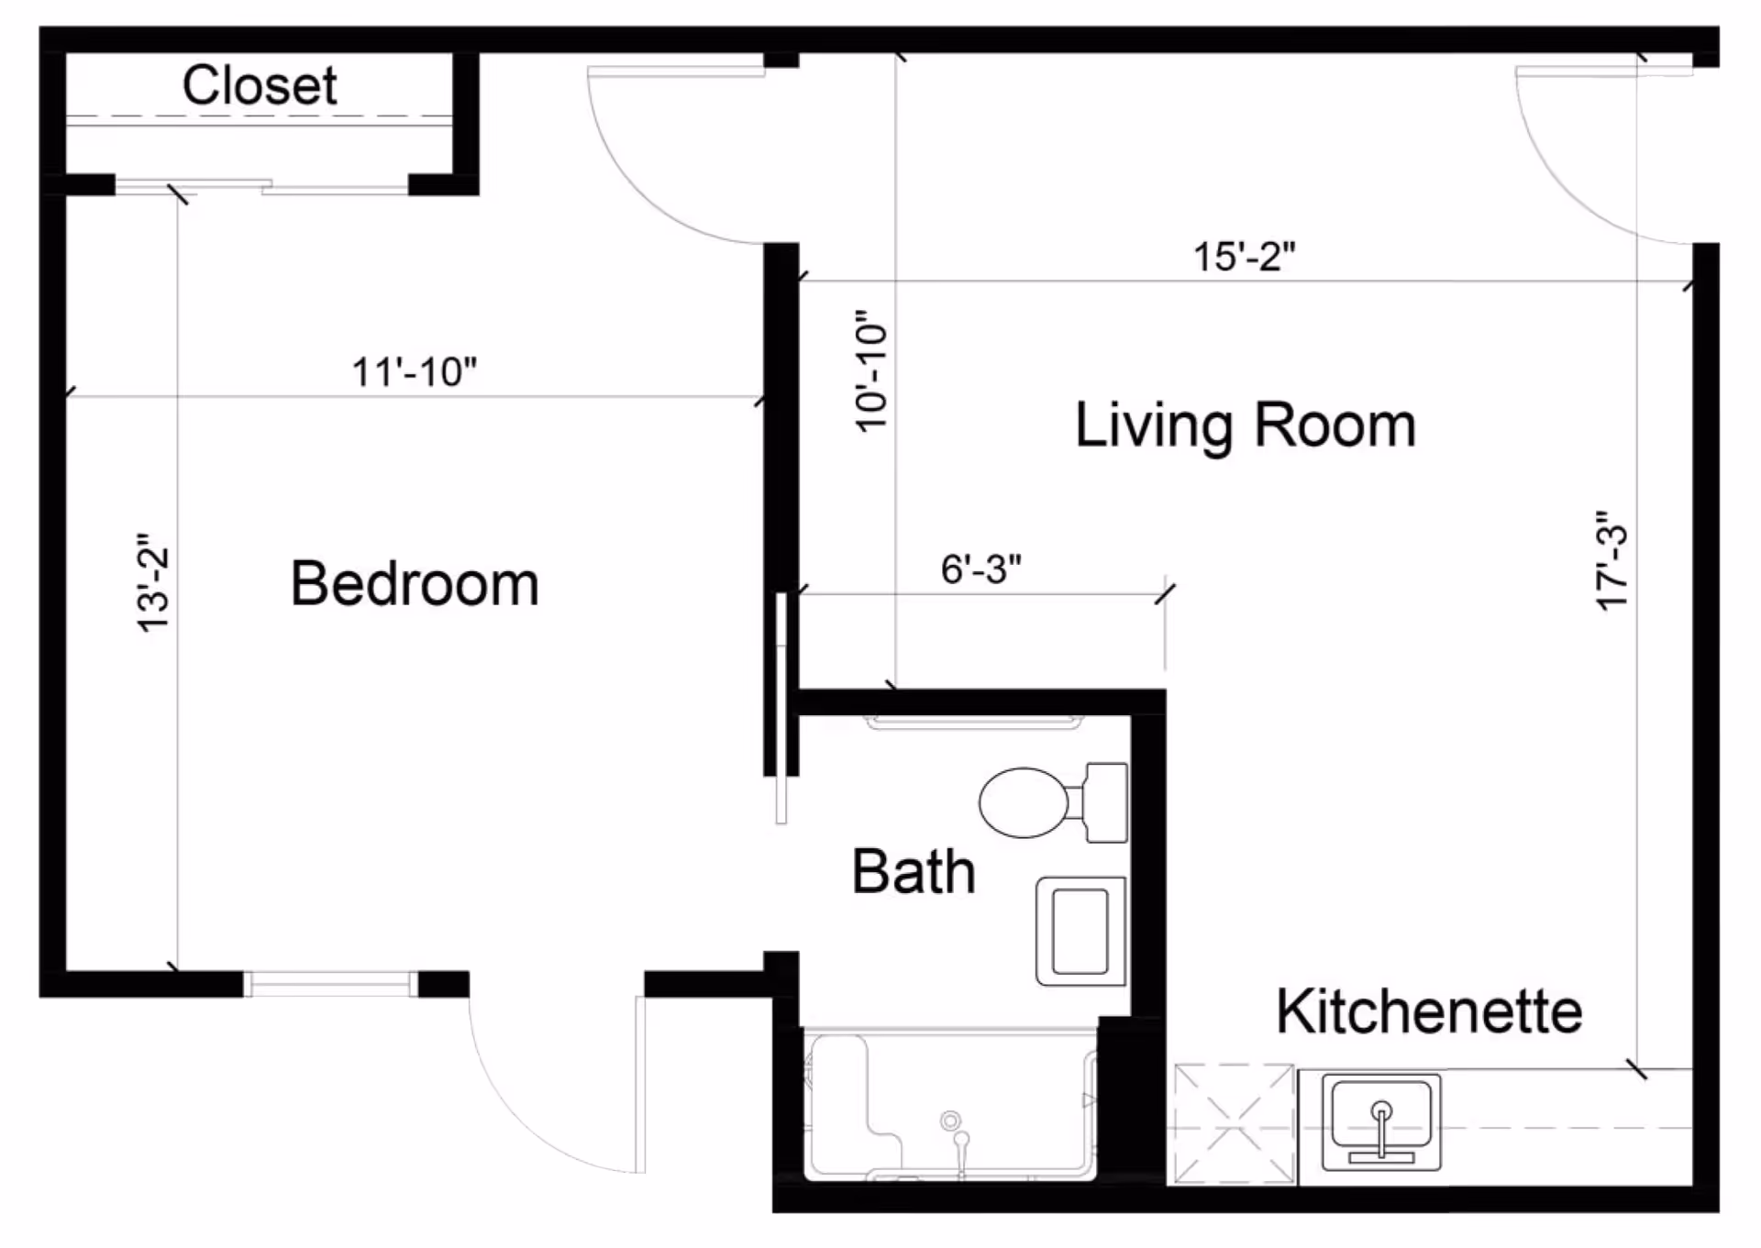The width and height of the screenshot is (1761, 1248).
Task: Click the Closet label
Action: tap(260, 85)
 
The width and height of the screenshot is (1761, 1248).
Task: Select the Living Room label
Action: tap(1246, 425)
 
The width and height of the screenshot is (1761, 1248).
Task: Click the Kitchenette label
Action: tap(1429, 1011)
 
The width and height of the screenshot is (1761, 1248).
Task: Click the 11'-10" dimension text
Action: tap(415, 372)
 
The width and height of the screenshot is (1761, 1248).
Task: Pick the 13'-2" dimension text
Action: tap(153, 582)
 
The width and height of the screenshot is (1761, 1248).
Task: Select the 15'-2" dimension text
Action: tap(1245, 257)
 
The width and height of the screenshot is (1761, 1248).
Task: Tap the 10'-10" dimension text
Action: tap(871, 371)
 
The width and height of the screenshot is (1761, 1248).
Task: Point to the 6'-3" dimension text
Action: tap(980, 569)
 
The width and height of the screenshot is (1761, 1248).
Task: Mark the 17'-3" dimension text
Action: tap(1611, 561)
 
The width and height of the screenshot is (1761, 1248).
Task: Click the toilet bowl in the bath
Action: tap(1024, 802)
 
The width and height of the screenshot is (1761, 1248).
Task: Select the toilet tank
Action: tap(1106, 802)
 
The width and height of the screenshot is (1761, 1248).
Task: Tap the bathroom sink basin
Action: tap(1080, 931)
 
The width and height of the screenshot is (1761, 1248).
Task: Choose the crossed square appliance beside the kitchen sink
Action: tap(1234, 1124)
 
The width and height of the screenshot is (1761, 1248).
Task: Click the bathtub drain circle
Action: tap(950, 1121)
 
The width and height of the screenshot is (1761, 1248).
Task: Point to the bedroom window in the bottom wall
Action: tap(331, 985)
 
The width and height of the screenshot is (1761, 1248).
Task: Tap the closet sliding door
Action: tap(261, 188)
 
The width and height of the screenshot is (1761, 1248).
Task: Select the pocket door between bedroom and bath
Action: tap(781, 709)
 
